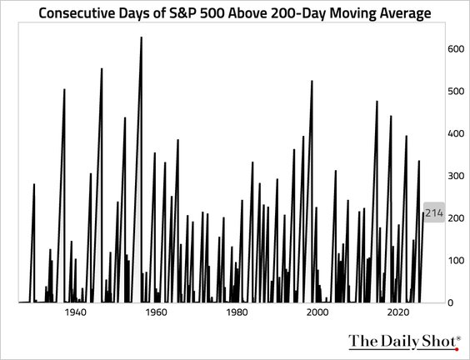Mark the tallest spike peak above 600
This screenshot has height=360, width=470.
141,38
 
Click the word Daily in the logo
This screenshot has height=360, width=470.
397,341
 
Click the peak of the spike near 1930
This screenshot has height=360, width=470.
34,184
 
